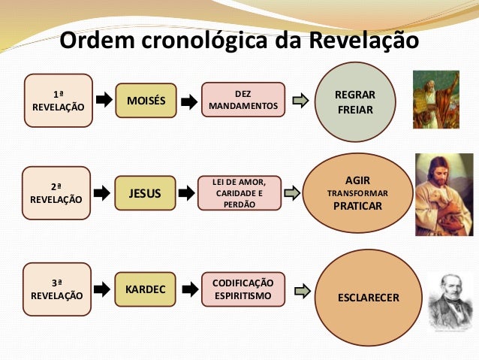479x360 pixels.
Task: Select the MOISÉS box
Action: coord(146,101)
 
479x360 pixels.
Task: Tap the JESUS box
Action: coord(145,193)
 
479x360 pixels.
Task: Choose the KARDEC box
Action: coord(145,289)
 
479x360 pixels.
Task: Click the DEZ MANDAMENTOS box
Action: coord(243,100)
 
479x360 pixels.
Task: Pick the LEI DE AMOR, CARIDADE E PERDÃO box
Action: coord(239,193)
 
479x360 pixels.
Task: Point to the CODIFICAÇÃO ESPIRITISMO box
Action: coord(243,289)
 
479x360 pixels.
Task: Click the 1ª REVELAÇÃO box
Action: coord(58,101)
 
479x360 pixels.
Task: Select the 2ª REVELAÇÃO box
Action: coord(58,193)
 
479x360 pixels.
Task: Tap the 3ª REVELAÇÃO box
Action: coord(58,289)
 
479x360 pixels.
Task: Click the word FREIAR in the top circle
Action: coord(355,109)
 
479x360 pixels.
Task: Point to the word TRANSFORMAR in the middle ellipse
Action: coord(357,192)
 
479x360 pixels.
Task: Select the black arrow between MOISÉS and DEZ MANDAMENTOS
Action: coord(188,101)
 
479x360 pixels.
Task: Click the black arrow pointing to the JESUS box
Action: coord(102,193)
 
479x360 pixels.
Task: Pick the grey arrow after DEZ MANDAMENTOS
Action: coord(300,101)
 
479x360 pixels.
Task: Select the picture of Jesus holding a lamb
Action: coord(444,194)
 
